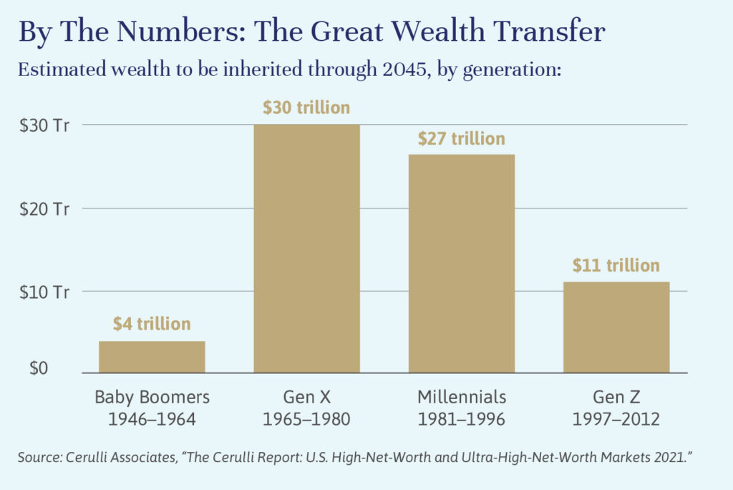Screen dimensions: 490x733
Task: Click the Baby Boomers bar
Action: [x=152, y=357]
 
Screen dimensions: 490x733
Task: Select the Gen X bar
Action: [x=306, y=248]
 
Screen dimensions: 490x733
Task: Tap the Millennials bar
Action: [x=461, y=264]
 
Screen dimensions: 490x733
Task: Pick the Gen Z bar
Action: [x=616, y=327]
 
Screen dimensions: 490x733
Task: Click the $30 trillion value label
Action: [x=306, y=108]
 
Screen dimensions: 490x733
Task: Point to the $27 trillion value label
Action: [x=461, y=138]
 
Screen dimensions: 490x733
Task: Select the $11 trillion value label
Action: [x=616, y=266]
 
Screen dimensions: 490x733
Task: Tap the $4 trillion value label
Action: [x=152, y=324]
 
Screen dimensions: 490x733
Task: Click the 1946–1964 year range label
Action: [x=152, y=419]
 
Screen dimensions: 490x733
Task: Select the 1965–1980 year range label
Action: [x=306, y=419]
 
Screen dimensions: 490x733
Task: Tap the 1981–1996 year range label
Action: [x=461, y=419]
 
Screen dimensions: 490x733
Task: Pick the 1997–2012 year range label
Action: [x=616, y=419]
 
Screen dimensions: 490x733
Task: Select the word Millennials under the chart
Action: [x=461, y=397]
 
